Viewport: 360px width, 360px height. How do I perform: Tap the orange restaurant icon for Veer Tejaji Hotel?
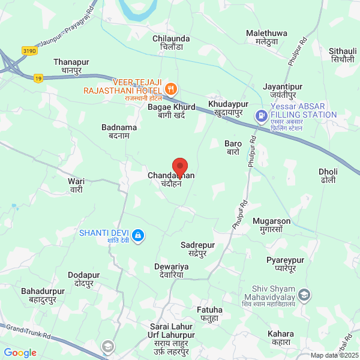(171, 89)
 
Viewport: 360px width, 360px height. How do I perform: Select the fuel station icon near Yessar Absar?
(261, 116)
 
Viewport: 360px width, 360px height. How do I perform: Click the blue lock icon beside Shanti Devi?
(139, 235)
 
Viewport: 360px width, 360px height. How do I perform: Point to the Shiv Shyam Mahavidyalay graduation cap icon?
(305, 295)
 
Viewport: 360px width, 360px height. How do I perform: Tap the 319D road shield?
(29, 51)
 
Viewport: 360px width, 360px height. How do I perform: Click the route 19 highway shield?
(38, 78)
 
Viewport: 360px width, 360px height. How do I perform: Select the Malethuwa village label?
(266, 37)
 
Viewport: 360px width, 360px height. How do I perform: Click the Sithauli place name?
(342, 55)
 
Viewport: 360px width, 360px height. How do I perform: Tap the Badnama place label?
(119, 131)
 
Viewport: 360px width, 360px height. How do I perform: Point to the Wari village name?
(76, 185)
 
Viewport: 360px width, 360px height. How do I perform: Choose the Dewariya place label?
(172, 270)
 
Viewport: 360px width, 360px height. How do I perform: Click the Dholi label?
(328, 176)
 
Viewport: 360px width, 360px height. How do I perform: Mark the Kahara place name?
(281, 337)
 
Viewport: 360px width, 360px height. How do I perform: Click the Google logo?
(20, 353)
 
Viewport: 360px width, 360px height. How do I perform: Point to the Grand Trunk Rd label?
(26, 332)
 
